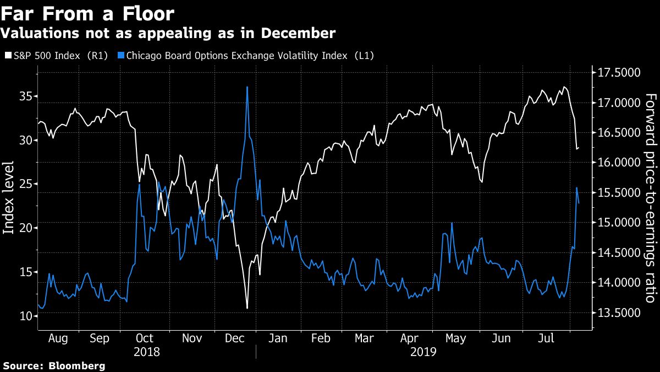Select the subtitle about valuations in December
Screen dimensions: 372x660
(168, 33)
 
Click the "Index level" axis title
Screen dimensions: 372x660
(9, 198)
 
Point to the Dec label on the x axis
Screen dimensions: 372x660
(234, 338)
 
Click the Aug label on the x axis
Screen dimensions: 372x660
(58, 338)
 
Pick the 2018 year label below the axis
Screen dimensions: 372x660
(147, 352)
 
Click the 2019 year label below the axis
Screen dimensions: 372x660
(423, 352)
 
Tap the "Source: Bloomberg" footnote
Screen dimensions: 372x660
(54, 365)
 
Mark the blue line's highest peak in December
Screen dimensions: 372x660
(247, 87)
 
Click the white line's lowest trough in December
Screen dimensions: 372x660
(247, 308)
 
